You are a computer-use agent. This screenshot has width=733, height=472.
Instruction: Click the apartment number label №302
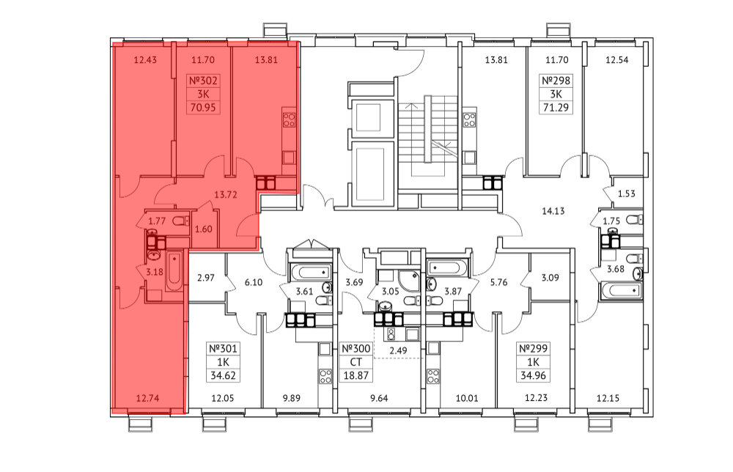point(203,81)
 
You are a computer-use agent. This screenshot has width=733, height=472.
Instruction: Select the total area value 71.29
point(556,108)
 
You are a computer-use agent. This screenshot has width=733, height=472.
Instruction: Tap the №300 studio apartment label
point(356,348)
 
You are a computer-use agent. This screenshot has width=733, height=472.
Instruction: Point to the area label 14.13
point(553,211)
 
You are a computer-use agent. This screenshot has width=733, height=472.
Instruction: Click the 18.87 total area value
point(356,375)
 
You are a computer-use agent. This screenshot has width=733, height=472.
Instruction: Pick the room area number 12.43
point(145,60)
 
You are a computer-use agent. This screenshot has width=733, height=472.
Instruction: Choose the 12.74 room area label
point(148,398)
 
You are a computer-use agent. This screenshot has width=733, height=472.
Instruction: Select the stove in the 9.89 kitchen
point(325,376)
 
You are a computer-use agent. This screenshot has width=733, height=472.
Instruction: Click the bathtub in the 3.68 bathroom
point(620,291)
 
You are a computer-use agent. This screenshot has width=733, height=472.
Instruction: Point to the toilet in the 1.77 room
point(180,221)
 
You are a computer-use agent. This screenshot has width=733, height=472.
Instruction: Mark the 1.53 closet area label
point(627,194)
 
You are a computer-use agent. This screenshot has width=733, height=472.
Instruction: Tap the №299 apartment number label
point(533,348)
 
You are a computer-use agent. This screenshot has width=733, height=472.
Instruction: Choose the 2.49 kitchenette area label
point(398,350)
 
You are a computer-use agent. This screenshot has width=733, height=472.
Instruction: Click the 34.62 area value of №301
point(224,375)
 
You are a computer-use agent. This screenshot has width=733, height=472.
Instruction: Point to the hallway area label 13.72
point(226,195)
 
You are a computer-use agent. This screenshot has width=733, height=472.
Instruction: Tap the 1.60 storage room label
point(203,229)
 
